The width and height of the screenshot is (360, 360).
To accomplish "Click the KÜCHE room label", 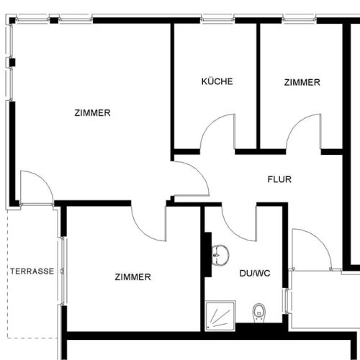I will coord(217,82).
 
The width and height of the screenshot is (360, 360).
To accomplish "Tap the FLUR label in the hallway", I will coord(279,180).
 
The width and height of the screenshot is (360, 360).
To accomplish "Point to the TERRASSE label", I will coord(32,271).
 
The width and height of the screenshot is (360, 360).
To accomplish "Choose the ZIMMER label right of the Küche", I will coord(302,82).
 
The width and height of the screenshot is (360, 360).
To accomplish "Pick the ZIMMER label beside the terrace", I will coord(132,276).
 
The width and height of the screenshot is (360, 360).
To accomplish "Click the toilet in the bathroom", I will coord(258,312).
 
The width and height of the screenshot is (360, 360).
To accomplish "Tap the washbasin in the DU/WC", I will coord(221,253).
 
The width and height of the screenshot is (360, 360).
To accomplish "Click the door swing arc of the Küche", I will coord(216,133).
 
